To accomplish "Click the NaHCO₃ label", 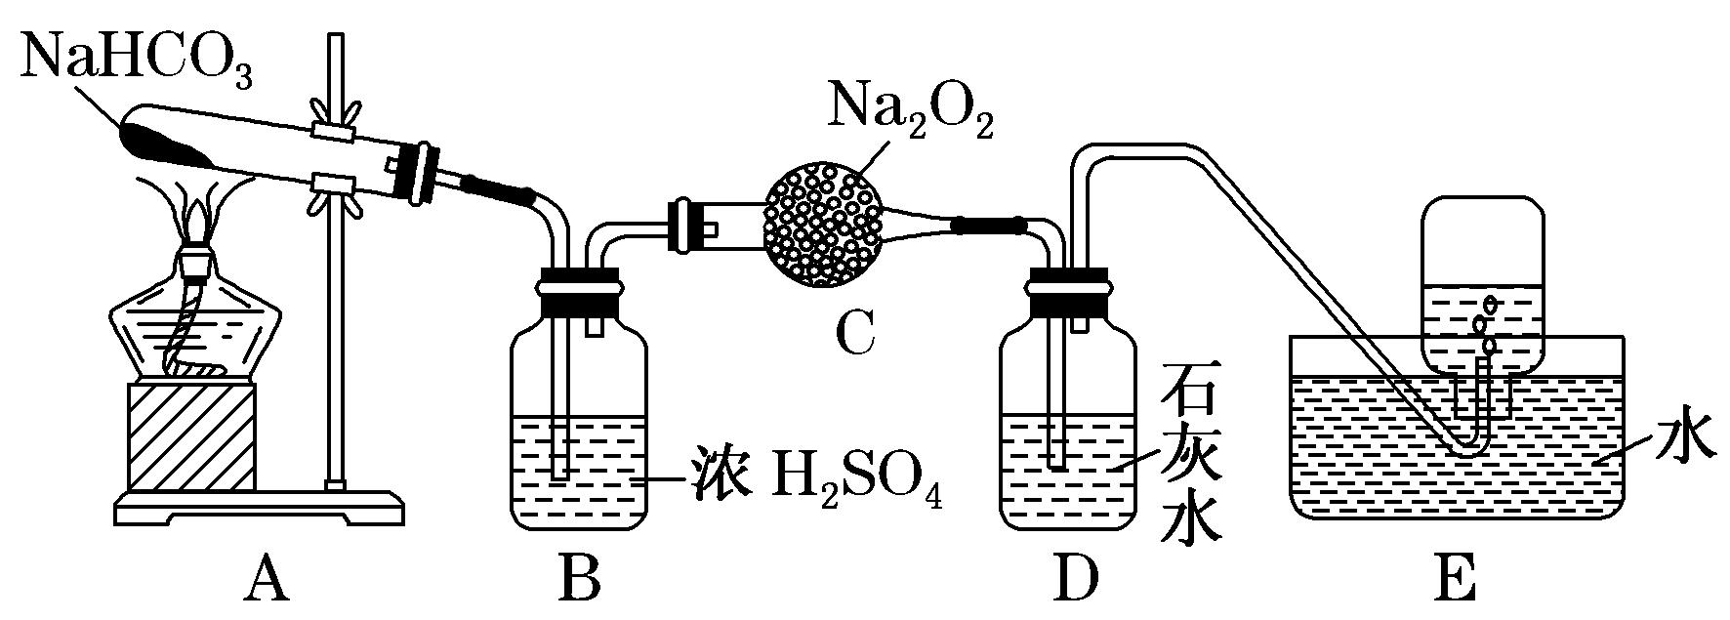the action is (137, 61).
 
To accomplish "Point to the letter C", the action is (856, 333).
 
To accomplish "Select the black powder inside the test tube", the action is (166, 144).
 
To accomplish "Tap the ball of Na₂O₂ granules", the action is (824, 224).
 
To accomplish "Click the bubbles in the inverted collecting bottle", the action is (1486, 324).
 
